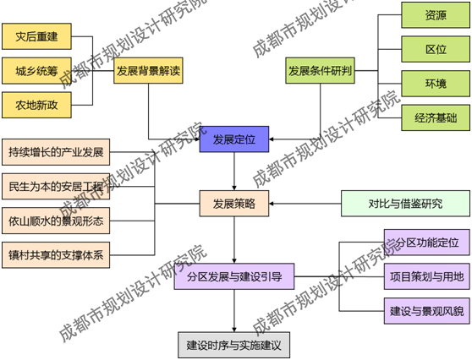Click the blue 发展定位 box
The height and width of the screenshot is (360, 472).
click(234, 139)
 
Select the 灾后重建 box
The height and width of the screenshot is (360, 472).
click(36, 36)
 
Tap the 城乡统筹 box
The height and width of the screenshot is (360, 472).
click(36, 71)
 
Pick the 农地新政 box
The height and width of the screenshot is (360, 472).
click(36, 105)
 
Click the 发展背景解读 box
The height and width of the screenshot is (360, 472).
click(148, 71)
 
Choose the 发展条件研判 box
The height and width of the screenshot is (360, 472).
click(320, 71)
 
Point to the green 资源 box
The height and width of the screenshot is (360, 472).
click(436, 15)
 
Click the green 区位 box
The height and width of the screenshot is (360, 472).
click(436, 49)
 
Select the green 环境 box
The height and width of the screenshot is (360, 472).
click(436, 84)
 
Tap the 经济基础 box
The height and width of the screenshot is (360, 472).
click(436, 117)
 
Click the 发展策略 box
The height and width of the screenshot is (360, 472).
click(234, 204)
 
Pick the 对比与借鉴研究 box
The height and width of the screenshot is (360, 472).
click(405, 204)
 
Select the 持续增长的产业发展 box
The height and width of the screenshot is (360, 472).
click(56, 152)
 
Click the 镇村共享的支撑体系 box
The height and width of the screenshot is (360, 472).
click(56, 255)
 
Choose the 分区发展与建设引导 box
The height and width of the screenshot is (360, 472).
click(234, 276)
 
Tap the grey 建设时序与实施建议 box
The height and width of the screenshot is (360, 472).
click(234, 346)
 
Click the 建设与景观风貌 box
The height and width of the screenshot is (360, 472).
click(427, 311)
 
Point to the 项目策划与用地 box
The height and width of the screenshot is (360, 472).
click(427, 276)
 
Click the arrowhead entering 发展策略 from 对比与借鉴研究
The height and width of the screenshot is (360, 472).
click(272, 204)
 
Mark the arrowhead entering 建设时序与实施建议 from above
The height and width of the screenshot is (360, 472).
click(234, 330)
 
